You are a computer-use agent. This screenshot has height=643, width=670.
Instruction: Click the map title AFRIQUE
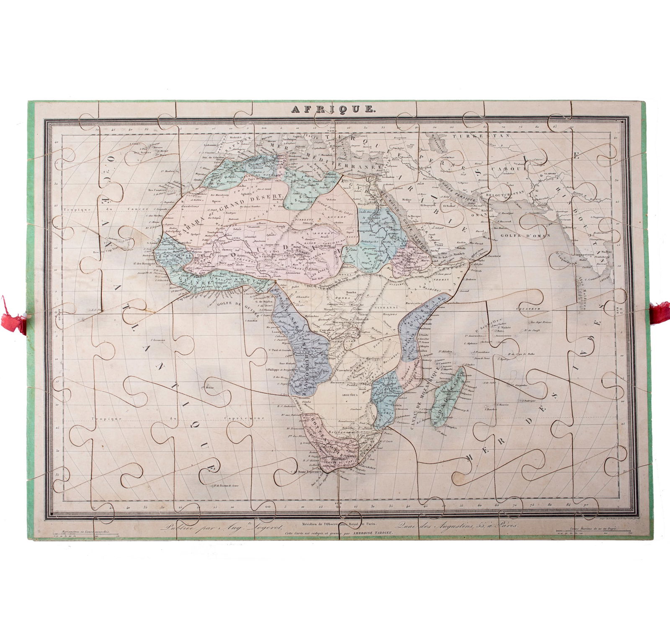tap(333, 109)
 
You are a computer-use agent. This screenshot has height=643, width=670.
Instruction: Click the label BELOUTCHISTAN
tap(505, 195)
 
